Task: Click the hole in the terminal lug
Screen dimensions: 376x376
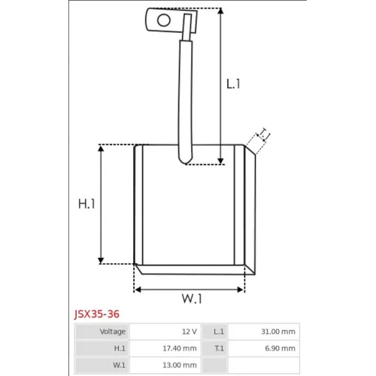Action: point(164,20)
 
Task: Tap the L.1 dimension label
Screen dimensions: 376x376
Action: point(233,84)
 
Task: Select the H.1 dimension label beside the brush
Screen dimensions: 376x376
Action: point(86,204)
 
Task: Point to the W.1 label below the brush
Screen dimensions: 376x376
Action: point(192,299)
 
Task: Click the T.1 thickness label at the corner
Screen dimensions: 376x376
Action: point(264,134)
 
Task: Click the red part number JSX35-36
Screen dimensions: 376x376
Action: point(97,314)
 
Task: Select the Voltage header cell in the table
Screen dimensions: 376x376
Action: point(102,332)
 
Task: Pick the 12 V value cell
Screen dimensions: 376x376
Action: point(165,332)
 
